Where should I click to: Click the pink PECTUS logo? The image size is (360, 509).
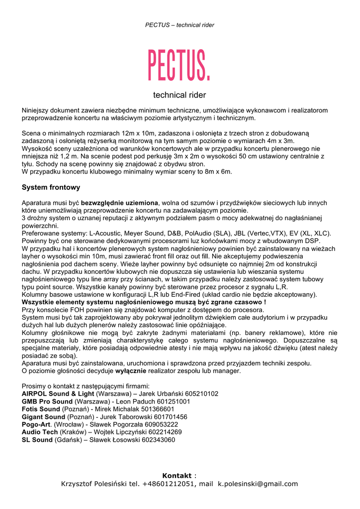coord(180,66)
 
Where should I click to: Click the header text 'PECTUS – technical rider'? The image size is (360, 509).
coord(180,25)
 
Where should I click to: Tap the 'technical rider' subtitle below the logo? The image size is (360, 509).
coord(180,95)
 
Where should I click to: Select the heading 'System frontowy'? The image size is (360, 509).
coord(51,187)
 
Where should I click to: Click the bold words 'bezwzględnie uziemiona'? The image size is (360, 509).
coord(119,203)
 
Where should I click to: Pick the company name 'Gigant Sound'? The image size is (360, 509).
coord(43,417)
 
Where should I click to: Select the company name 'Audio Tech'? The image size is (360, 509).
coord(40,432)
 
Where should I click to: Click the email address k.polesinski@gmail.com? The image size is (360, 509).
coord(258,484)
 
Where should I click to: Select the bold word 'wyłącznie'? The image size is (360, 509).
coord(131,371)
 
